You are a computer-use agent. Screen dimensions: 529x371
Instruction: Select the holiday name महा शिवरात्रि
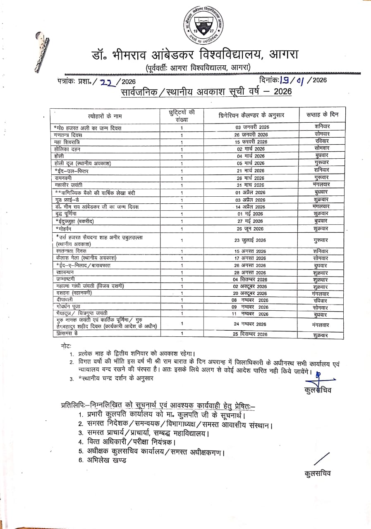[x=67, y=142]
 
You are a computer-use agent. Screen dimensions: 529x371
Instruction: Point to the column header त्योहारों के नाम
[x=105, y=115]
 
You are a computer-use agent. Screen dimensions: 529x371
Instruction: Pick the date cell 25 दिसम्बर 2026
[x=251, y=334]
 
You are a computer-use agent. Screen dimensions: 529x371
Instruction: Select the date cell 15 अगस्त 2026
[x=251, y=251]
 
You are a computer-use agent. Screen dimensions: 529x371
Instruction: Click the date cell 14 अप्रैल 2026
[x=251, y=207]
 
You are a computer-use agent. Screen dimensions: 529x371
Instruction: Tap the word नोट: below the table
[x=65, y=346]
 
